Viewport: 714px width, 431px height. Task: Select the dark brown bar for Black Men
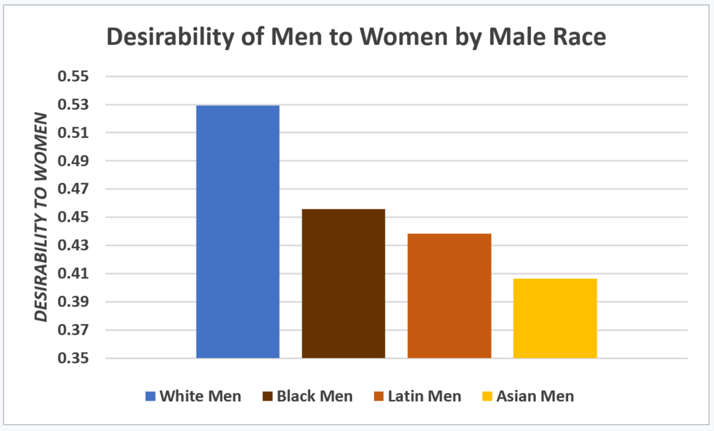click(343, 283)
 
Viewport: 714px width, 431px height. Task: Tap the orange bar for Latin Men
click(449, 296)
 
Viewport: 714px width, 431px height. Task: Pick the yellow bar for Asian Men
click(555, 318)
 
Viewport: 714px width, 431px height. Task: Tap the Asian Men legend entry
click(535, 396)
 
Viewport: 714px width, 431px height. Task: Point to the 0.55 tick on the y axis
click(71, 76)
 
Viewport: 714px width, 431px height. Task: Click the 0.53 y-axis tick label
click(71, 105)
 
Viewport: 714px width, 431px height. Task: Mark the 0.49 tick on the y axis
click(71, 161)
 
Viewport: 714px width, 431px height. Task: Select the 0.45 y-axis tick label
click(71, 218)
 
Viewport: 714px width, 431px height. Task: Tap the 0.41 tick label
click(71, 274)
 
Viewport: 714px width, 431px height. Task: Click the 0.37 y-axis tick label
click(71, 330)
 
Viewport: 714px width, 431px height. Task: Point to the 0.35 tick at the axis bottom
click(71, 358)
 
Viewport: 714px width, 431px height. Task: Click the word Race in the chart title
click(575, 37)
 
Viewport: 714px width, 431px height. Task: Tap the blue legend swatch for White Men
click(150, 396)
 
